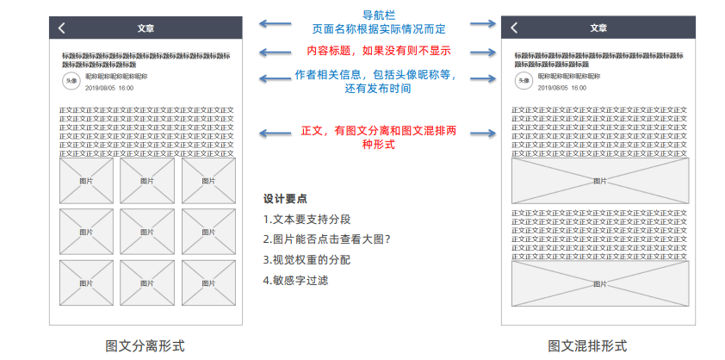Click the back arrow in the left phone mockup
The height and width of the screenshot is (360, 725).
pos(61,28)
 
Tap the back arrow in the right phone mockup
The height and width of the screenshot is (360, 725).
pos(515,28)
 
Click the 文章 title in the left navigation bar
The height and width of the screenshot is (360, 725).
pos(146,28)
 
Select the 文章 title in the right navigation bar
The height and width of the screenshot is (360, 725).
pos(598,28)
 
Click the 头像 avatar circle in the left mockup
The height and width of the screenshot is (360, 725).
pos(71,80)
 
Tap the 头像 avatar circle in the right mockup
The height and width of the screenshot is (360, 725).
pos(524,80)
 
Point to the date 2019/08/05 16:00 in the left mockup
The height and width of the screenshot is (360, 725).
pos(109,88)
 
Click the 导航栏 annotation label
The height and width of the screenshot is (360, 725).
pos(379,15)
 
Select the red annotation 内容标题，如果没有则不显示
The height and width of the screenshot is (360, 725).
pos(379,51)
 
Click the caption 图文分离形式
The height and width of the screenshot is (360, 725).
pos(145,346)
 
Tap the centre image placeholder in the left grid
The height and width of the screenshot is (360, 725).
pos(147,232)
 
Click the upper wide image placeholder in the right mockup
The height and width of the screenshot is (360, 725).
pos(600,181)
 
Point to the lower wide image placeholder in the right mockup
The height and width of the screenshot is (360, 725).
pos(600,283)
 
